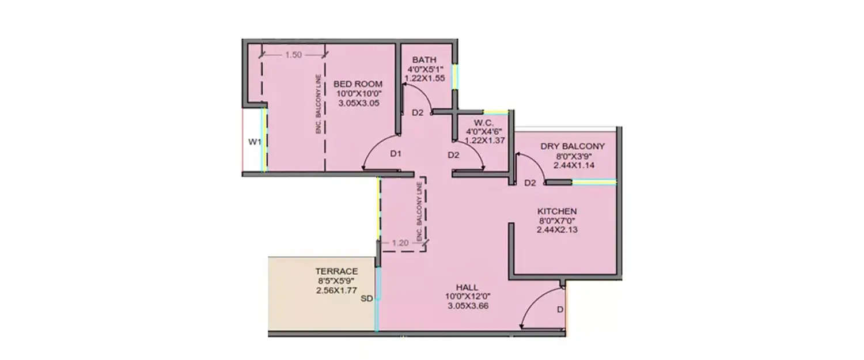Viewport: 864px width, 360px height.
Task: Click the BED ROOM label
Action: (x=358, y=84)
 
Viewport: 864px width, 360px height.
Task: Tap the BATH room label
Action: (x=424, y=60)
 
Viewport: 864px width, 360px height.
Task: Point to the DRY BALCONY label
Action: (x=573, y=146)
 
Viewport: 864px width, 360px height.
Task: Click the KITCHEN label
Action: (x=557, y=211)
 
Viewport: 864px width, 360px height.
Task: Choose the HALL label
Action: (x=467, y=287)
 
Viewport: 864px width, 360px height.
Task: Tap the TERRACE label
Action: (x=336, y=271)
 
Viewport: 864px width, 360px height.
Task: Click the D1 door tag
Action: (x=395, y=154)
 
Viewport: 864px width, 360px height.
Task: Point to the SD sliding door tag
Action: (x=366, y=299)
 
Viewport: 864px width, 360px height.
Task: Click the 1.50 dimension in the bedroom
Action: (x=293, y=55)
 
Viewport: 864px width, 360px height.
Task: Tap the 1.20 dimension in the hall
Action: (x=400, y=243)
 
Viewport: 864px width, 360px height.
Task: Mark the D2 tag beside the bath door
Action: (x=418, y=112)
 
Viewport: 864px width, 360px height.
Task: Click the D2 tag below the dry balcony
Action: (x=530, y=183)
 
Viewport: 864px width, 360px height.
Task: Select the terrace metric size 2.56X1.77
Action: (x=336, y=291)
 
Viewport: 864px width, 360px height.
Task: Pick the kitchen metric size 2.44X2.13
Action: (x=557, y=230)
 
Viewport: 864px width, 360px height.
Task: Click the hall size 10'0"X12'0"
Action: (x=467, y=297)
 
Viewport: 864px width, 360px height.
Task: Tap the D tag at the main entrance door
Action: (x=559, y=310)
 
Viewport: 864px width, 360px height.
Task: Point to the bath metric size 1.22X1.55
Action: (x=424, y=79)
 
